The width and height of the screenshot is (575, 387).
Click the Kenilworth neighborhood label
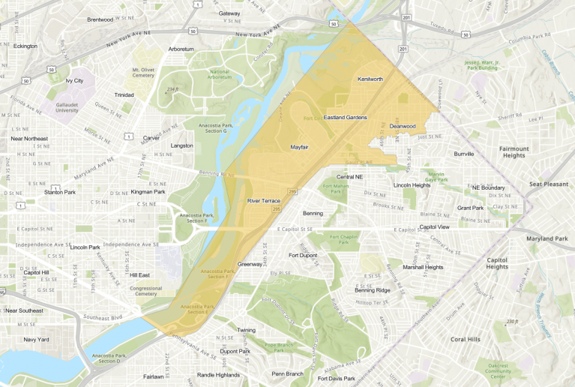[370, 79]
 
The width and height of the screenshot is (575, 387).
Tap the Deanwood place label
[403, 126]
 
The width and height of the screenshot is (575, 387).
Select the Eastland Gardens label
[345, 118]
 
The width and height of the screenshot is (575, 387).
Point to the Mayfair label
[299, 147]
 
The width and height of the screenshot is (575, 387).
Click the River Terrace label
[263, 201]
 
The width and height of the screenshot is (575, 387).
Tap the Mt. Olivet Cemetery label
[148, 71]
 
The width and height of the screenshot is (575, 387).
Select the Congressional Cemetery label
[145, 290]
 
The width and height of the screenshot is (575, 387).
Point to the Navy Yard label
[36, 340]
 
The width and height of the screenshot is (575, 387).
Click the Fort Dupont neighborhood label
[304, 255]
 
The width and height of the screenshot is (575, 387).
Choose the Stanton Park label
[59, 192]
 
